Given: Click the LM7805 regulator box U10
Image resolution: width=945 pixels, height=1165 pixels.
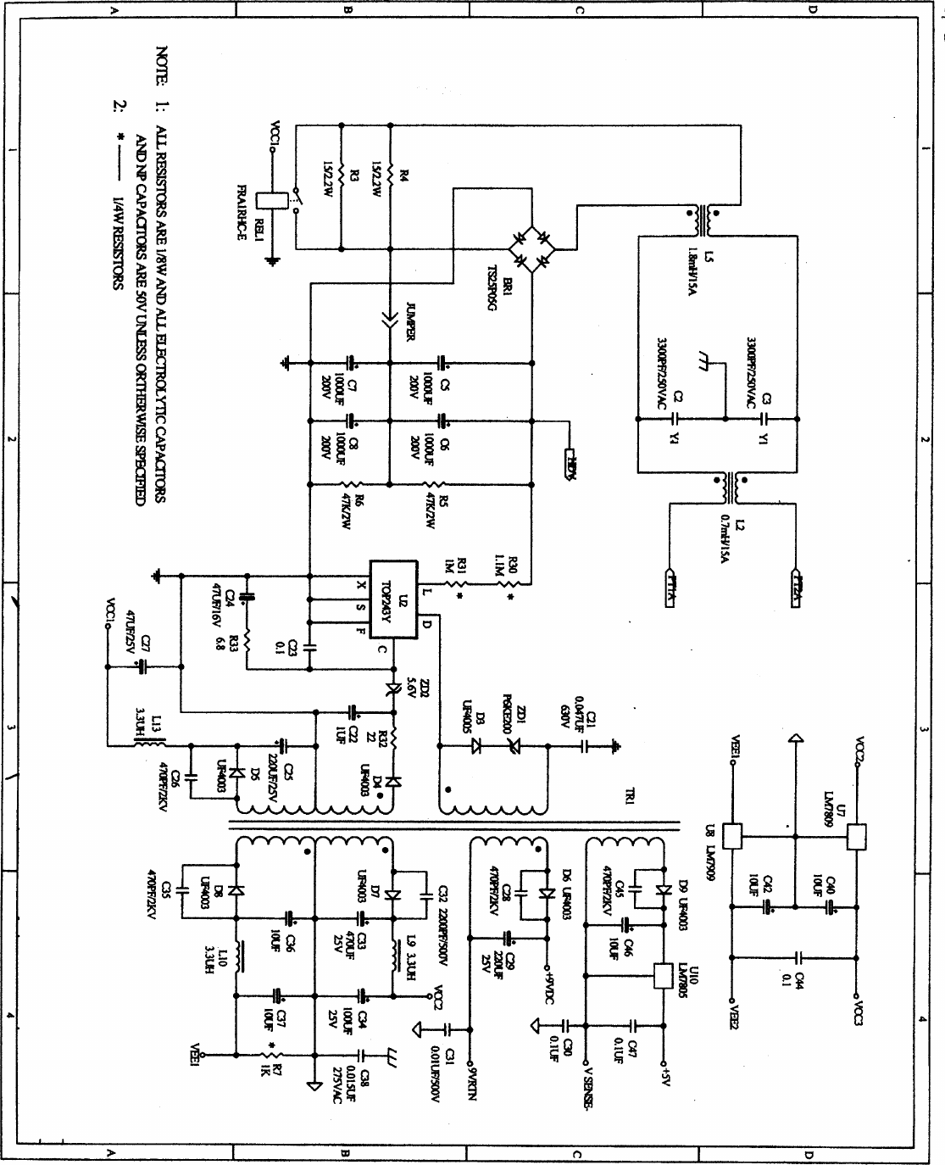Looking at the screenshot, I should tap(664, 977).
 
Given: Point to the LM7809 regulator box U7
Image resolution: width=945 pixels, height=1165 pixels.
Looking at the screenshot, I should tap(857, 837).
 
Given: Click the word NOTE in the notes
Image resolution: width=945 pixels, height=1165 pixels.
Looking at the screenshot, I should tap(161, 66).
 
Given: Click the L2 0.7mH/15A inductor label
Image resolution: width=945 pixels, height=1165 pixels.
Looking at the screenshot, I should tap(734, 536).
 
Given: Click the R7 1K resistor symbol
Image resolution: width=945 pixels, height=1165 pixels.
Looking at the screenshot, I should tap(264, 1056).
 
